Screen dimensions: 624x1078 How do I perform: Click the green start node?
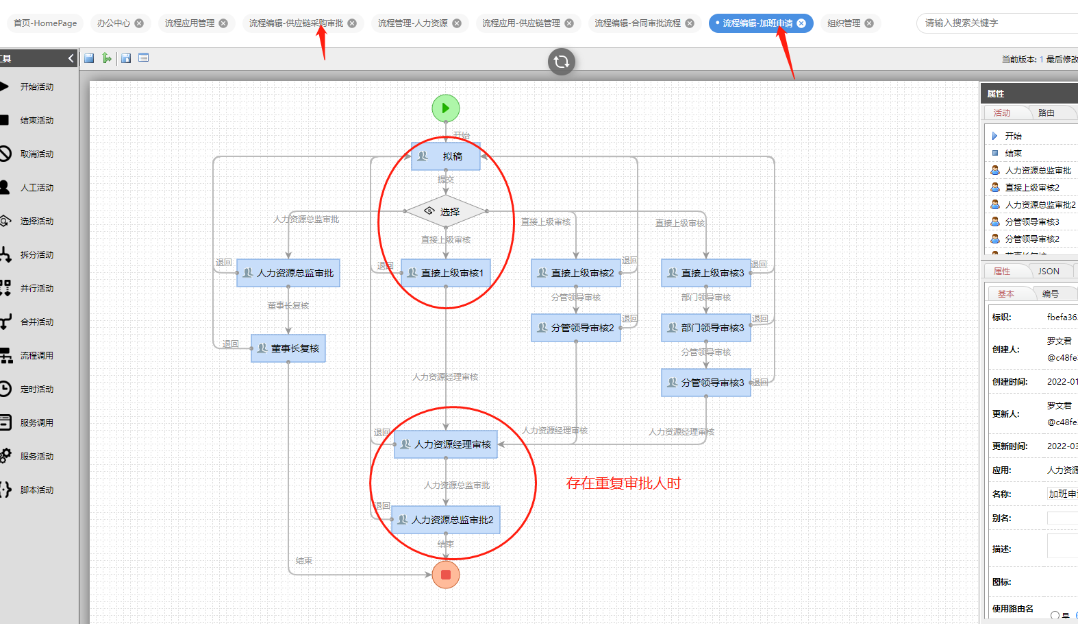click(x=446, y=108)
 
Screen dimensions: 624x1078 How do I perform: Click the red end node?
click(x=446, y=575)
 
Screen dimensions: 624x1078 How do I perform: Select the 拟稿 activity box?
click(x=446, y=156)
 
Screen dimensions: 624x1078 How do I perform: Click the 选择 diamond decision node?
click(x=446, y=212)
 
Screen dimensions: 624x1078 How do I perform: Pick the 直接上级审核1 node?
click(x=446, y=273)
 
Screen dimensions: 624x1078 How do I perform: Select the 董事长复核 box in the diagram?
click(x=288, y=348)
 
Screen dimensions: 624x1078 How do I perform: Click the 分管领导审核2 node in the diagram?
click(x=576, y=328)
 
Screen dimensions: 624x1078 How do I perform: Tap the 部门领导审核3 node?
click(x=706, y=328)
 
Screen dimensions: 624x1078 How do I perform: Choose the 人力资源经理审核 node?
click(x=446, y=444)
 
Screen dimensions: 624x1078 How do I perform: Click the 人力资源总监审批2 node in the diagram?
click(x=446, y=520)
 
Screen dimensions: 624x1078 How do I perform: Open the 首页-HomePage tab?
click(x=45, y=23)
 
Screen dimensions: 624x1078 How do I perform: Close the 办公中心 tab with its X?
click(x=139, y=23)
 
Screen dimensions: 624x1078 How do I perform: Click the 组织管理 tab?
click(x=844, y=23)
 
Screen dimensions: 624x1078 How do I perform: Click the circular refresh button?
click(x=562, y=62)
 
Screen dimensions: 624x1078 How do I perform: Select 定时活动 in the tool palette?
click(x=36, y=389)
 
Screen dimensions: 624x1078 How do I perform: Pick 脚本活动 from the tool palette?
click(x=36, y=490)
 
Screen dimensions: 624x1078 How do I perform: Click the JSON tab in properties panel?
click(x=1048, y=272)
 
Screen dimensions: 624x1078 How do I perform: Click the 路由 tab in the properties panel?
click(x=1046, y=113)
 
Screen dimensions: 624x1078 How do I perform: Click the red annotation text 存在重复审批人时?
click(x=623, y=483)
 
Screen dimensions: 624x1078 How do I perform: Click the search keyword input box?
click(x=996, y=23)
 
